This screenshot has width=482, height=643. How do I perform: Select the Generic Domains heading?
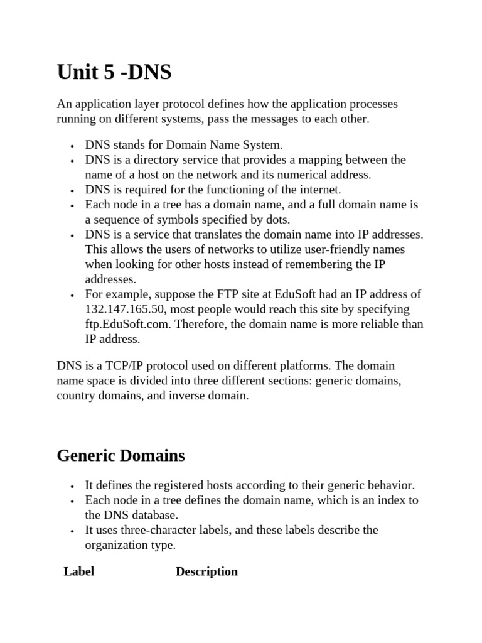tap(120, 455)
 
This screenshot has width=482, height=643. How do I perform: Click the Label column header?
tap(79, 571)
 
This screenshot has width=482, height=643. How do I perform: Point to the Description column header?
tap(206, 571)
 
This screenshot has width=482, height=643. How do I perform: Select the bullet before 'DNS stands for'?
tap(73, 146)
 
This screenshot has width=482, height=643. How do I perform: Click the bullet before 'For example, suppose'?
tap(73, 295)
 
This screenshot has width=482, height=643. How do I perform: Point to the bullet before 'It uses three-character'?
tap(73, 531)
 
